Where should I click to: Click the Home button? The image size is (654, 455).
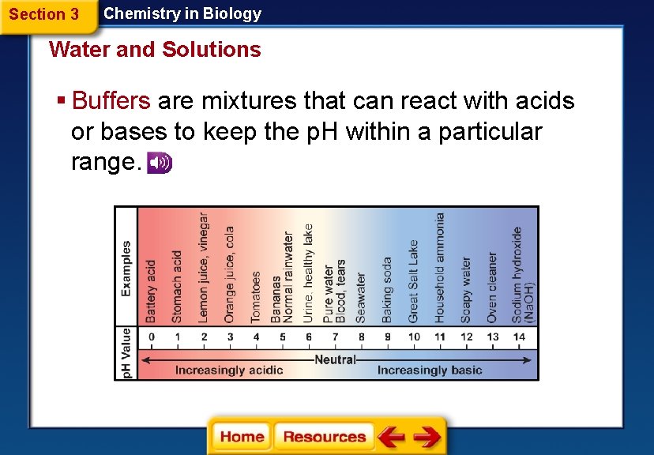pos(242,437)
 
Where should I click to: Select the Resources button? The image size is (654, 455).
pos(324,437)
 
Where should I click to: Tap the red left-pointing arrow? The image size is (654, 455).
pos(391,437)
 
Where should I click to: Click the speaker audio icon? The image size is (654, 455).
pos(160,162)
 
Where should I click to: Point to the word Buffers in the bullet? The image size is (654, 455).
pos(111,101)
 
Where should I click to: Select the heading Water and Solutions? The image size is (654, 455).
pos(155,50)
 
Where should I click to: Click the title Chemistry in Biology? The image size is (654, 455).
pos(182,13)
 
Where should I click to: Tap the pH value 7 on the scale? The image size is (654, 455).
pos(335,337)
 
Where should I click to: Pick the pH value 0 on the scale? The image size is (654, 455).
pos(152,337)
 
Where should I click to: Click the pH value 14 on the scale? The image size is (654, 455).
pos(518,337)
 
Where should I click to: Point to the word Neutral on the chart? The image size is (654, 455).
pos(336,359)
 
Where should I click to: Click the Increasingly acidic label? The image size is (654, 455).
pos(229,370)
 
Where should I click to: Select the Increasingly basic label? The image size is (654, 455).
pos(430,370)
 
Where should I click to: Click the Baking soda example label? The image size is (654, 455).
pos(387,289)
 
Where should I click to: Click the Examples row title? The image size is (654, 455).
pos(126,269)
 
